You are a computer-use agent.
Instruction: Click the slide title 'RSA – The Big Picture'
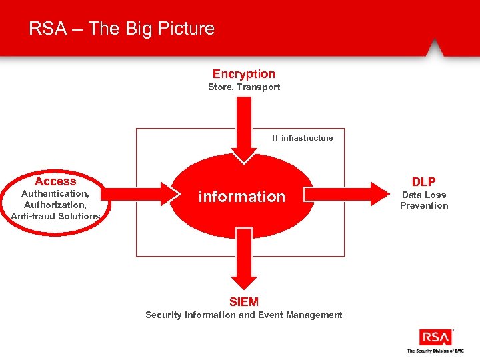point(121,29)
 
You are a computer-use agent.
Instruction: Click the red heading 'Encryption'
point(243,74)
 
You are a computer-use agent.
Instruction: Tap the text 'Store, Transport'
point(243,87)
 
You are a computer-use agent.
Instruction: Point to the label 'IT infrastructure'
point(302,138)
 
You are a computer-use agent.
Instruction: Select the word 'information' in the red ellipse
point(241,197)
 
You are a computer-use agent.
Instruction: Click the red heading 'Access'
point(55,181)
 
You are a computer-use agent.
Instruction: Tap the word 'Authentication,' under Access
point(55,193)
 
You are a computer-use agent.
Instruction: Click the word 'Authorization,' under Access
point(55,205)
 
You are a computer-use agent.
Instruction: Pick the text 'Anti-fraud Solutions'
point(55,216)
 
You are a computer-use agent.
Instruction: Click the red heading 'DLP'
point(423,182)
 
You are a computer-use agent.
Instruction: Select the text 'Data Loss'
point(423,195)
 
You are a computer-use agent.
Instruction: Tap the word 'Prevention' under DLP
point(423,205)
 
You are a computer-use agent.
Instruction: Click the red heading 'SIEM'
point(243,302)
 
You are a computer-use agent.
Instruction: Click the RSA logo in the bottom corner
point(435,337)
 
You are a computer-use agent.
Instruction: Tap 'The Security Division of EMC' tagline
point(435,351)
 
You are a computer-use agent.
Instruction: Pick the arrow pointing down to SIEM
point(244,260)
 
